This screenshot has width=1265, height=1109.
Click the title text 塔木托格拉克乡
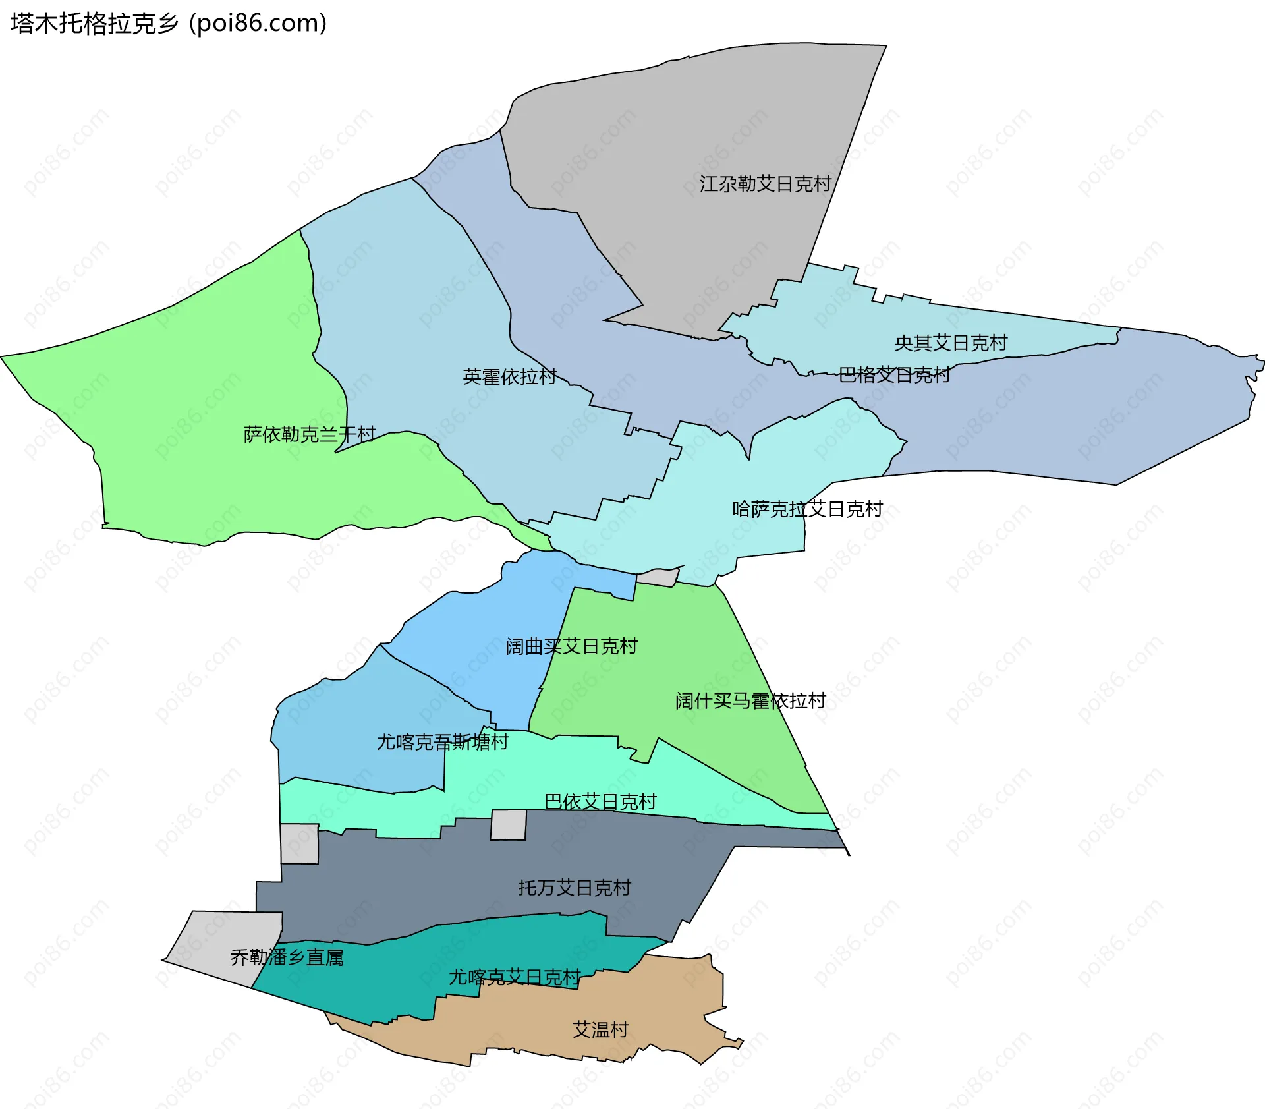[94, 24]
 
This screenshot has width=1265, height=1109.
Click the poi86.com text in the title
[258, 24]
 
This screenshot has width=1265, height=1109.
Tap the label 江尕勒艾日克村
[765, 184]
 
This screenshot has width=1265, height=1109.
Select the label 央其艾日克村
[951, 343]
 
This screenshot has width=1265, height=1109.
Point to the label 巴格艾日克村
[894, 375]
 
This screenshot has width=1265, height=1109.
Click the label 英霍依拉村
[509, 377]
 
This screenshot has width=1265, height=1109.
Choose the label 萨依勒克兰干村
[309, 434]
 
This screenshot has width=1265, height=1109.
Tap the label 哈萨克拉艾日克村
[807, 509]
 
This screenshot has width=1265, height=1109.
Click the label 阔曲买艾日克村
[571, 646]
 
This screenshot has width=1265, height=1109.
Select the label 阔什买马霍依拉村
[750, 700]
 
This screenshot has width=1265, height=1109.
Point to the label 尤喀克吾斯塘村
[442, 742]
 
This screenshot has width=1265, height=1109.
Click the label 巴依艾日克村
[600, 801]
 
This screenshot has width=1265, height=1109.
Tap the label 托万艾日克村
[574, 888]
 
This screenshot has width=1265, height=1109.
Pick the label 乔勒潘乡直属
[287, 957]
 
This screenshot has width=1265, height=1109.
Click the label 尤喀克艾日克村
[515, 977]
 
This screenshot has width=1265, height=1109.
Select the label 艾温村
[600, 1029]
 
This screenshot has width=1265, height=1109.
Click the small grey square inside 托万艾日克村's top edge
[509, 825]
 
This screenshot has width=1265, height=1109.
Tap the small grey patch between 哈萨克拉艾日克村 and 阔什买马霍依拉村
[657, 578]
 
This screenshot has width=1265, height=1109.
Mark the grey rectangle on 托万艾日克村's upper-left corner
[299, 843]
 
